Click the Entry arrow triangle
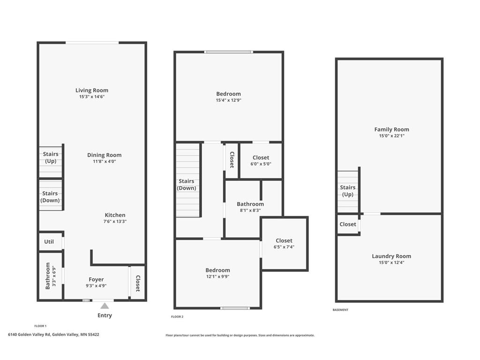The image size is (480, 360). [105, 306]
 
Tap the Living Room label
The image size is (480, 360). [92, 90]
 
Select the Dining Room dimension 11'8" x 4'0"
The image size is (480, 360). [105, 161]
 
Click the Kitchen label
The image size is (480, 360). [115, 215]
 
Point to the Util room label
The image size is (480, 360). [49, 241]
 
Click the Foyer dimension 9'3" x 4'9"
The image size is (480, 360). [96, 285]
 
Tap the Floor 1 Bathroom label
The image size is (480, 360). [48, 276]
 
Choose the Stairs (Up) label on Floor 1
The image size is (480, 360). [51, 157]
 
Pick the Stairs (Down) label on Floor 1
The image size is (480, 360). [50, 197]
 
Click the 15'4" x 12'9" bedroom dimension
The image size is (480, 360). [229, 100]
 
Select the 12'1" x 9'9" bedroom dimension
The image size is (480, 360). [217, 277]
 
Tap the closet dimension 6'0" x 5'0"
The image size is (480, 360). [261, 164]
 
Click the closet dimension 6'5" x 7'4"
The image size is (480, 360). [284, 247]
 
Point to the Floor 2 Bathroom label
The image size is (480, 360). [250, 204]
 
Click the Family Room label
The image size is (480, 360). [392, 129]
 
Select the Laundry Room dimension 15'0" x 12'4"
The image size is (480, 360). [392, 262]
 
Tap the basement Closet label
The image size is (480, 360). [348, 224]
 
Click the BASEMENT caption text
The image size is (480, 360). [340, 310]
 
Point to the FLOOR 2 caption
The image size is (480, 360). [177, 316]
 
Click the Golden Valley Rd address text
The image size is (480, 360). [53, 335]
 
